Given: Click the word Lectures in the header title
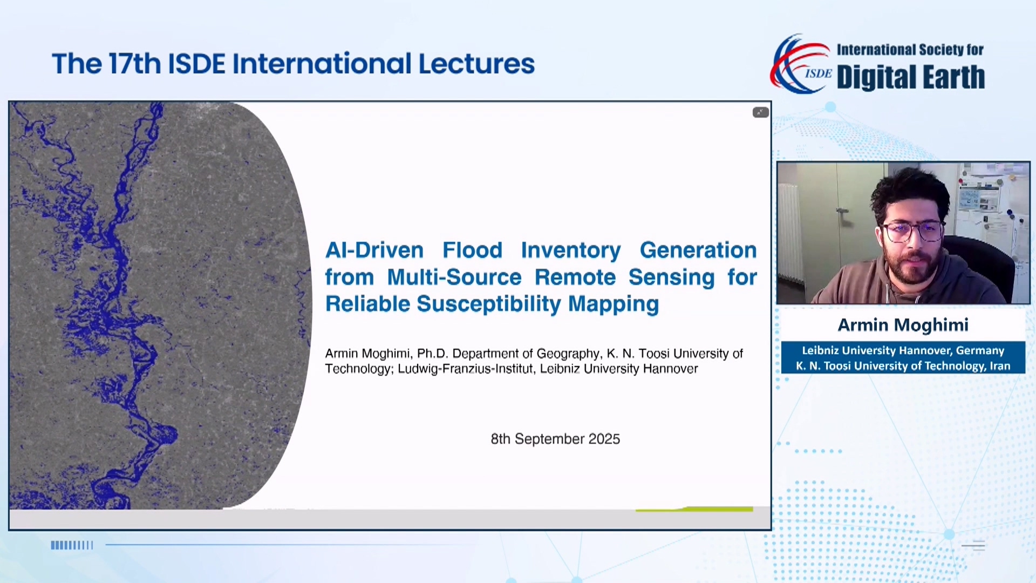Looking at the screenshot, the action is point(476,64).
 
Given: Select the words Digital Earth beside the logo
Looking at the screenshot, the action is point(910,77).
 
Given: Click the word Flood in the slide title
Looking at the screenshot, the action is point(472,250).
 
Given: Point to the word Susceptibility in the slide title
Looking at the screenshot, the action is point(489,304).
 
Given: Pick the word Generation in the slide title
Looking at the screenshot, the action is point(698,250).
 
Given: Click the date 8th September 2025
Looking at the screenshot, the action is point(555,439).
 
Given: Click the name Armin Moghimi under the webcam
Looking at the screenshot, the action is point(903,325).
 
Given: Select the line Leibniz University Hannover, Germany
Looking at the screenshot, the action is point(903,350).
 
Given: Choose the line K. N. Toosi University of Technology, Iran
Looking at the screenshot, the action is point(903,366).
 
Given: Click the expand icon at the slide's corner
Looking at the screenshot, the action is point(760,112).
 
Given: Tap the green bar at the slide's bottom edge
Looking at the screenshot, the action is point(695,509).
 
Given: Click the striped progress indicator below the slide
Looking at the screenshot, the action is point(72,545).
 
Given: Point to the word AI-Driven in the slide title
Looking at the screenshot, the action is point(374,250).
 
